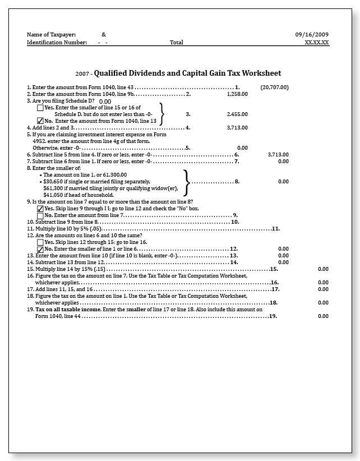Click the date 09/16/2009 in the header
click(312, 34)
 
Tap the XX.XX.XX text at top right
click(317, 42)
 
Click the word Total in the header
click(177, 42)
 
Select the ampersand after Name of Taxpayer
click(104, 34)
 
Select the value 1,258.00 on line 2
click(237, 94)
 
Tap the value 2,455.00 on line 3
click(237, 114)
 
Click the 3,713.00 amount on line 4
click(237, 128)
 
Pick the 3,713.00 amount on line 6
click(278, 154)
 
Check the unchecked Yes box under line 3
click(40, 107)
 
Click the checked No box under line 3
click(40, 121)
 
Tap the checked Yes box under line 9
click(40, 208)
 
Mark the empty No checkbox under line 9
click(40, 215)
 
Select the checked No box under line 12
click(40, 248)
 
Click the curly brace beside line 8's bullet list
click(187, 182)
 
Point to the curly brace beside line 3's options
click(162, 114)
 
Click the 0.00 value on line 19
click(323, 316)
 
